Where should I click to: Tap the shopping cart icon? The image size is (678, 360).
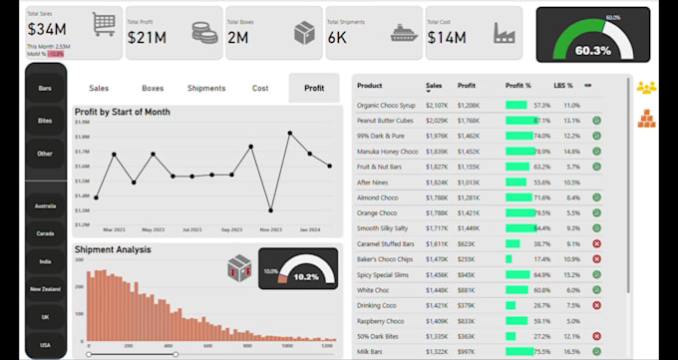pyautogui.click(x=103, y=25)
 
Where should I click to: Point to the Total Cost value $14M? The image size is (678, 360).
pyautogui.click(x=447, y=37)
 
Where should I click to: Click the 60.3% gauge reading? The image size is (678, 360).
pyautogui.click(x=593, y=50)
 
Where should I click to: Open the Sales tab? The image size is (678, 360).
pyautogui.click(x=100, y=88)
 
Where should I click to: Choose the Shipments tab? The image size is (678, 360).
pyautogui.click(x=206, y=88)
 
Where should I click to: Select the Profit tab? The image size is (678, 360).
pyautogui.click(x=314, y=88)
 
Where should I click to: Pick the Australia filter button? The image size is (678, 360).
pyautogui.click(x=45, y=206)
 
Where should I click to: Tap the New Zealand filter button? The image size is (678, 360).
pyautogui.click(x=45, y=289)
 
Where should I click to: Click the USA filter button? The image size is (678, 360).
pyautogui.click(x=45, y=344)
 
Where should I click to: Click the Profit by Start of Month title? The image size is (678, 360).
pyautogui.click(x=136, y=112)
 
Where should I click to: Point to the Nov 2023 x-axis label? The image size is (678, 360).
pyautogui.click(x=271, y=228)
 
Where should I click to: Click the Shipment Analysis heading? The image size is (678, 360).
pyautogui.click(x=113, y=249)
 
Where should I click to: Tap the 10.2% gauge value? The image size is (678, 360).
pyautogui.click(x=306, y=277)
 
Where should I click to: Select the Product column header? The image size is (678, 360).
pyautogui.click(x=370, y=86)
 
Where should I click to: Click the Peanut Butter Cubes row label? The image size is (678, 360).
pyautogui.click(x=387, y=120)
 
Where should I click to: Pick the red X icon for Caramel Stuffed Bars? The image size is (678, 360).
pyautogui.click(x=596, y=243)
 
